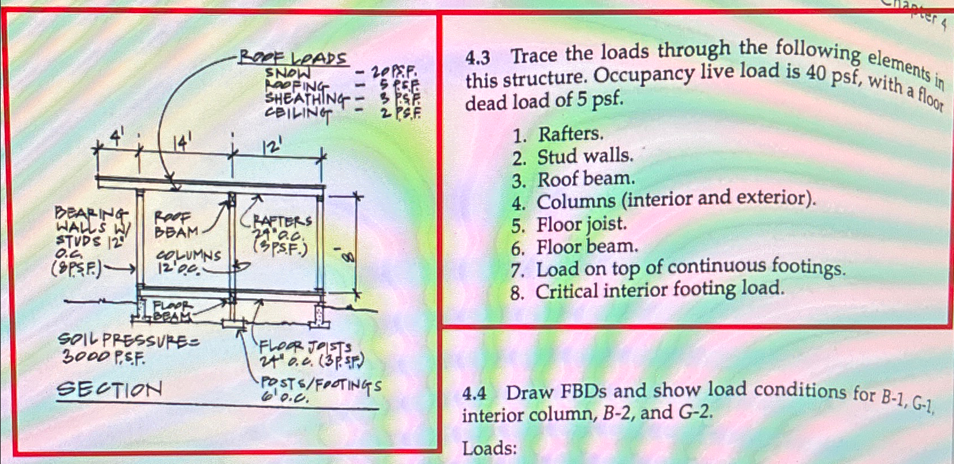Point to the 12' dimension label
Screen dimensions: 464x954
[272, 147]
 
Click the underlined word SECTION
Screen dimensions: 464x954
[109, 390]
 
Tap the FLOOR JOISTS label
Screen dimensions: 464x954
[308, 353]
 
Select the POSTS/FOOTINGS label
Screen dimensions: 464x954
[320, 389]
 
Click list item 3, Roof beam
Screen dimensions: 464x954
[585, 179]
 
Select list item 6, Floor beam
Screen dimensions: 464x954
[587, 247]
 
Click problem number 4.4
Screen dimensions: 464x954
[474, 394]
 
